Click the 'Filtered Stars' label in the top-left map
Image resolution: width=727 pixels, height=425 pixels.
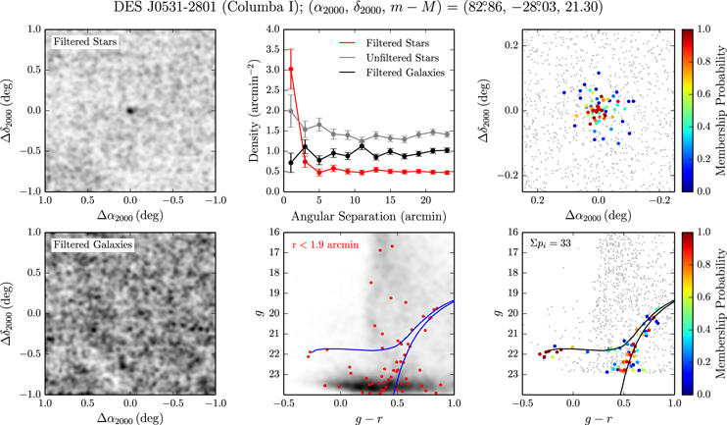tap(85, 42)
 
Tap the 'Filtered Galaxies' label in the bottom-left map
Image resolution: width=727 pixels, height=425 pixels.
tap(93, 244)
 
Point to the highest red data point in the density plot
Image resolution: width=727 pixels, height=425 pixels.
tap(291, 69)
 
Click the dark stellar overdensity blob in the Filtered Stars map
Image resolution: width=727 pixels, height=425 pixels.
tap(130, 111)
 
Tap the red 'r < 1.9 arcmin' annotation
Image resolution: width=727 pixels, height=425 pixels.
tap(325, 245)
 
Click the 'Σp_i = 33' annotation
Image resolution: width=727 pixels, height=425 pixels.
tap(550, 242)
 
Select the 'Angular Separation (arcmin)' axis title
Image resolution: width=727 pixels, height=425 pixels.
tap(368, 217)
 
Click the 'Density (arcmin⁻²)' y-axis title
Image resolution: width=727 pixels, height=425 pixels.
tap(253, 111)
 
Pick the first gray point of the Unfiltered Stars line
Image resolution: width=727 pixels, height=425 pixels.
tap(291, 111)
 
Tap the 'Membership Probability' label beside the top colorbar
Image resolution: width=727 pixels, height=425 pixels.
tap(720, 111)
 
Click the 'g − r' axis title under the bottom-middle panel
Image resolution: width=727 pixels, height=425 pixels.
tap(368, 418)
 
